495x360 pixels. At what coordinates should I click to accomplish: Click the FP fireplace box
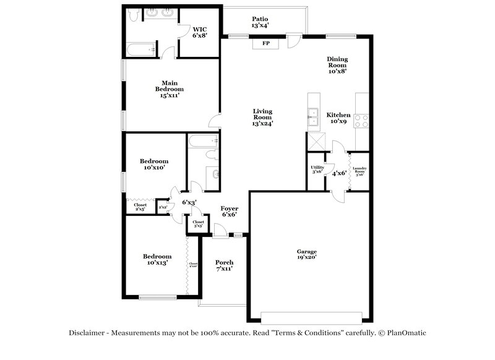click(266, 43)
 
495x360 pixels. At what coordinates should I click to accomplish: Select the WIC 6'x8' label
click(200, 33)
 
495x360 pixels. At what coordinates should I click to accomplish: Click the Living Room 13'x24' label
click(262, 117)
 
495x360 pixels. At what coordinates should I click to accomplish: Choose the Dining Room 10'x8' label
click(337, 64)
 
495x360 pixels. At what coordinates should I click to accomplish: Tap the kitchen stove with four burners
click(362, 121)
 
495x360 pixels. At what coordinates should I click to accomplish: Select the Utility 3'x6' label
click(317, 169)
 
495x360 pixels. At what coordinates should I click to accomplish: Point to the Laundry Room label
click(359, 171)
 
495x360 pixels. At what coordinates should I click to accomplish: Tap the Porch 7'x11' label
click(224, 266)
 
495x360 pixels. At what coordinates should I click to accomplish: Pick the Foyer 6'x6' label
click(230, 212)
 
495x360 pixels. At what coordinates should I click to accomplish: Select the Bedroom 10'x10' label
click(155, 164)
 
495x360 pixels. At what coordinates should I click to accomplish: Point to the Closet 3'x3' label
click(199, 223)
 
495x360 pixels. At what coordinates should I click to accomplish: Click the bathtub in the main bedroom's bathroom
click(140, 48)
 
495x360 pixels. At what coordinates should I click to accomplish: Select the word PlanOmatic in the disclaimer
click(405, 333)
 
